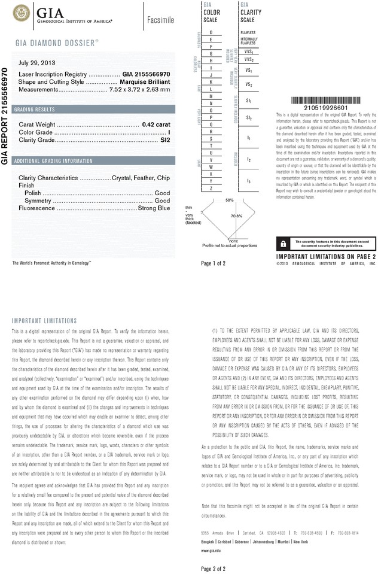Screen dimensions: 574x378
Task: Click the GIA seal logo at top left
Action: pos(23,12)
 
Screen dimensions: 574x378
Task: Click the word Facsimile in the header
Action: pos(160,20)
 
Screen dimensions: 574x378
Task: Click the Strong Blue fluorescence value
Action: pos(154,208)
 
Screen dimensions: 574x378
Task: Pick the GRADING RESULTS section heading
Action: pos(35,110)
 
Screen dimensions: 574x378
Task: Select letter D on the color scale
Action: pos(211,31)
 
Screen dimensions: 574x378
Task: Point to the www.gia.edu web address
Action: pos(211,549)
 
